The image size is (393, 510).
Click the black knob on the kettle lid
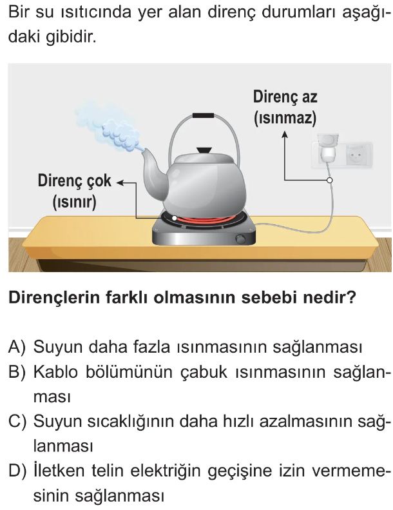click(x=204, y=150)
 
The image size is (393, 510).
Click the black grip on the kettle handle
click(x=203, y=115)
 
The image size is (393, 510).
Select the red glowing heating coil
click(x=206, y=221)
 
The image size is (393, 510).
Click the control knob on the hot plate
click(x=240, y=239)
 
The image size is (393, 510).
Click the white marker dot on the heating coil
click(x=175, y=218)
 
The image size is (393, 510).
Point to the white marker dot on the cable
click(x=329, y=180)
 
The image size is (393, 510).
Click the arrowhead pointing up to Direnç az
click(x=285, y=134)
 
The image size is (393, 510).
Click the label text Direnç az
click(x=285, y=97)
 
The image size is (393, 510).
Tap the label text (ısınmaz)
click(x=285, y=118)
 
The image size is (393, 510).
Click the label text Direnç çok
click(x=75, y=181)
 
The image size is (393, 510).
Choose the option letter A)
click(x=17, y=347)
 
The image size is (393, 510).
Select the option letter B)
click(x=17, y=371)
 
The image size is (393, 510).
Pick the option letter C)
click(x=17, y=421)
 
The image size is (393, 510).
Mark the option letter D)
click(x=17, y=471)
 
